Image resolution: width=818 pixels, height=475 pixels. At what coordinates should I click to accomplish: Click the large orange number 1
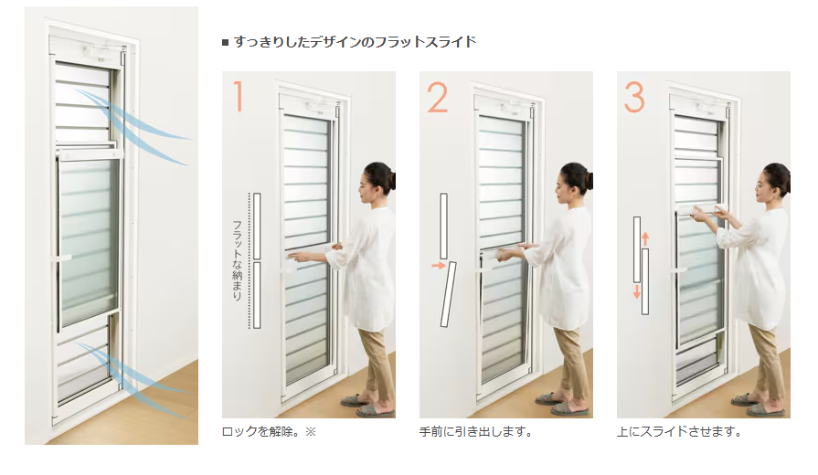point(239,96)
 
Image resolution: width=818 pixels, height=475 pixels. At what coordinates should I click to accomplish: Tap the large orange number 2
point(437,97)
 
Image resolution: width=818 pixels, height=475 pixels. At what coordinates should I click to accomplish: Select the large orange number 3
point(634,97)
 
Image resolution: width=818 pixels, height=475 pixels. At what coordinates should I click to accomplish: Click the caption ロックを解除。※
point(270,432)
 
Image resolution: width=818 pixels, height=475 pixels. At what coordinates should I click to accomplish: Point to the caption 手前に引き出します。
point(476,432)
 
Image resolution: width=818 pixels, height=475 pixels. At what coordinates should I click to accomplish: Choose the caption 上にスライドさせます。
point(679,432)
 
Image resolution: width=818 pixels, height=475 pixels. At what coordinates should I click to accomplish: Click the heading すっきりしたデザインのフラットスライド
point(355,42)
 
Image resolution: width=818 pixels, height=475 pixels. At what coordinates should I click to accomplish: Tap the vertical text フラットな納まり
point(237,260)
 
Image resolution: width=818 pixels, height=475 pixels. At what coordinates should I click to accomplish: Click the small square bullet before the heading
point(226,42)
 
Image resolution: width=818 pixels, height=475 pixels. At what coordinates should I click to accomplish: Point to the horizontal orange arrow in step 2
point(438,266)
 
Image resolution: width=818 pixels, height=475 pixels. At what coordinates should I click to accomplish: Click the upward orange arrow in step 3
point(645,238)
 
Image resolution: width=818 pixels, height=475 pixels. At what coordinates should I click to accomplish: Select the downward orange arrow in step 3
point(636,291)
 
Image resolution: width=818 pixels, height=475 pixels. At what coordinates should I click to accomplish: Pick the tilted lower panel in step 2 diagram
point(449,295)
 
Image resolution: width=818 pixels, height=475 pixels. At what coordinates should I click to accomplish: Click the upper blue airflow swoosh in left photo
point(134,125)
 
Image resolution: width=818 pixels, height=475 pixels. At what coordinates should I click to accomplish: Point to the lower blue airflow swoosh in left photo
point(134,378)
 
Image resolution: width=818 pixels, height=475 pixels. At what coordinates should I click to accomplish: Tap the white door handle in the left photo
point(62,258)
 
